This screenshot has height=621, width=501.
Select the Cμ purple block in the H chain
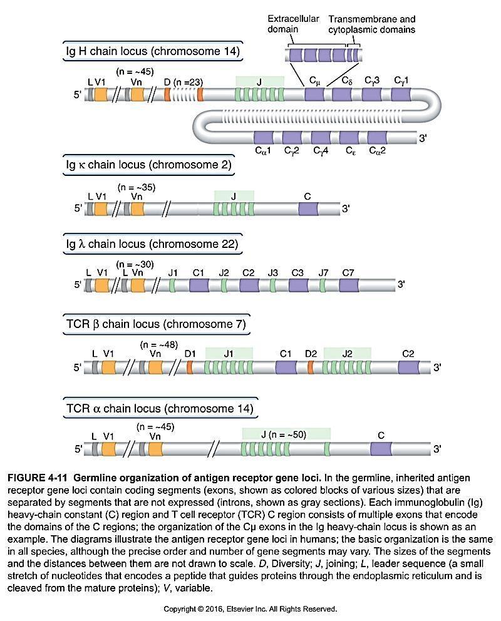point(314,95)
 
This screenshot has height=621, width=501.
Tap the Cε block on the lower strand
point(349,137)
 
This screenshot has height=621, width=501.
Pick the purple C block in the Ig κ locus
point(307,209)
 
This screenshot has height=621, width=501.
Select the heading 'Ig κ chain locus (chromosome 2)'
point(148,165)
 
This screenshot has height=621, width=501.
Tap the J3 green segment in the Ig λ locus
point(273,285)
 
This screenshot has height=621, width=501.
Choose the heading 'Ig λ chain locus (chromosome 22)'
point(152,244)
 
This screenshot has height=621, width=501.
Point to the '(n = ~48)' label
point(159,344)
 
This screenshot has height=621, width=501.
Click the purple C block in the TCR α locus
point(381,449)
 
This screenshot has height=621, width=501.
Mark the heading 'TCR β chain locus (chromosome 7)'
point(156,324)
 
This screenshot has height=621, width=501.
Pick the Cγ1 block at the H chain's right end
point(401,95)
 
